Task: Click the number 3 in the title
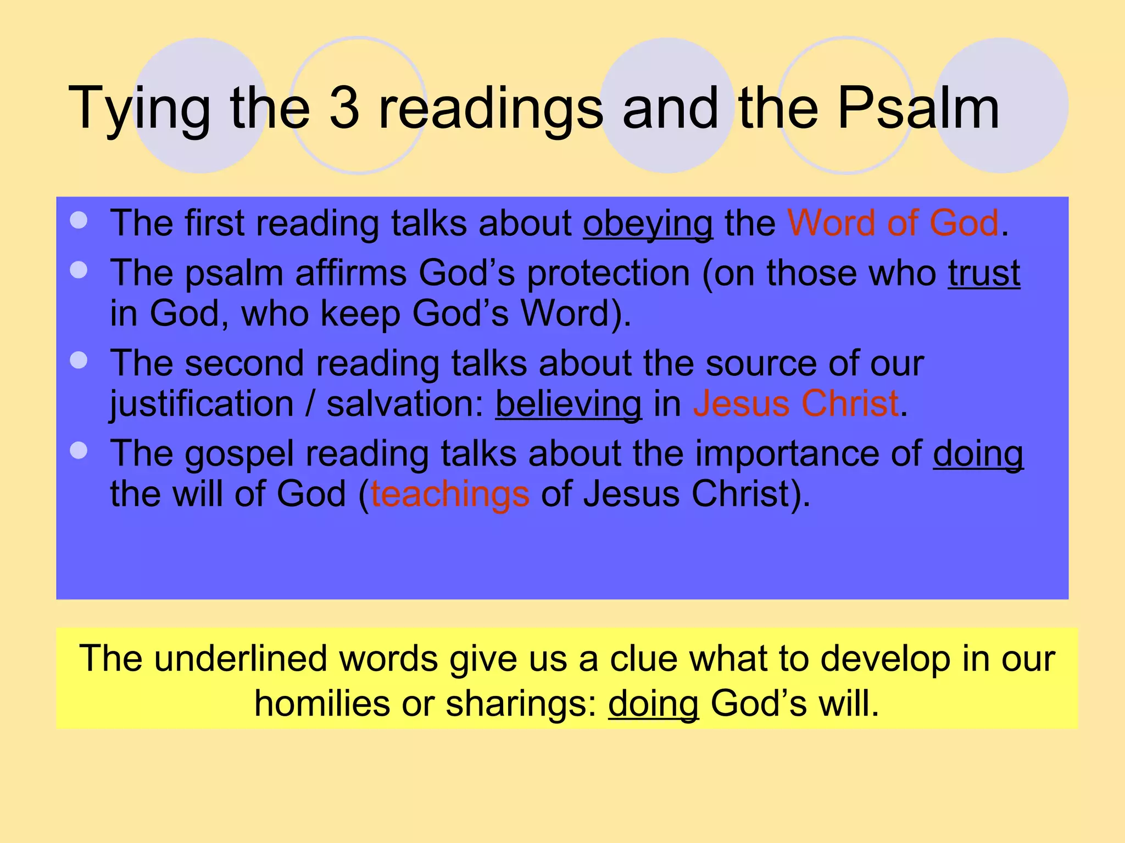(344, 108)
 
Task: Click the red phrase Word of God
(893, 223)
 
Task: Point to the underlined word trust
(984, 273)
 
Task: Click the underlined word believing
(569, 404)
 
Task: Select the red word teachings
(450, 494)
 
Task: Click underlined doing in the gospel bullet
(978, 454)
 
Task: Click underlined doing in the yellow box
(653, 704)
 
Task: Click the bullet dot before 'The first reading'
(79, 220)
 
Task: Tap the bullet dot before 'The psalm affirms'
(79, 269)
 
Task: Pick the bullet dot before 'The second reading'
(79, 360)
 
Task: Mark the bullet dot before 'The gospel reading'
(79, 451)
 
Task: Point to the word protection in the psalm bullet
(608, 273)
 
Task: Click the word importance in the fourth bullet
(787, 454)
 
